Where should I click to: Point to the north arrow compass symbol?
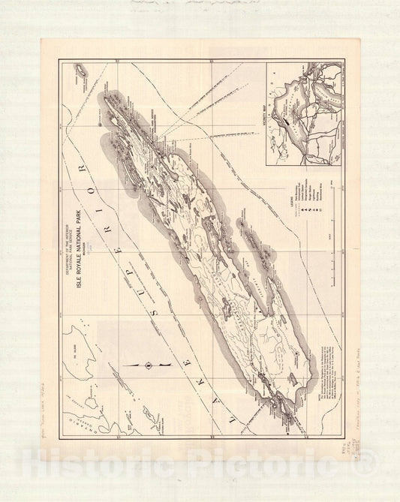pos(148,365)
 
